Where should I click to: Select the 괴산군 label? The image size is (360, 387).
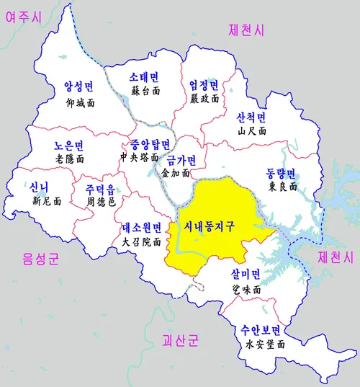coord(180,339)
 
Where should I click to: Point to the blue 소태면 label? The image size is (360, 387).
coord(144,77)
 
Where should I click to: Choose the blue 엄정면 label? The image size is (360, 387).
coord(204,85)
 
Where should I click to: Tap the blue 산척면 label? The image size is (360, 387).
coord(251,117)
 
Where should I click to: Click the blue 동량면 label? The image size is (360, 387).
coord(281,173)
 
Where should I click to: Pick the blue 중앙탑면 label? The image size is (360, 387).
coord(149,143)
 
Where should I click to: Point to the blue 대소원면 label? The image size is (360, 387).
coord(141,228)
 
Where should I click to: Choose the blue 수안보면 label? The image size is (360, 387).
coord(260,331)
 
